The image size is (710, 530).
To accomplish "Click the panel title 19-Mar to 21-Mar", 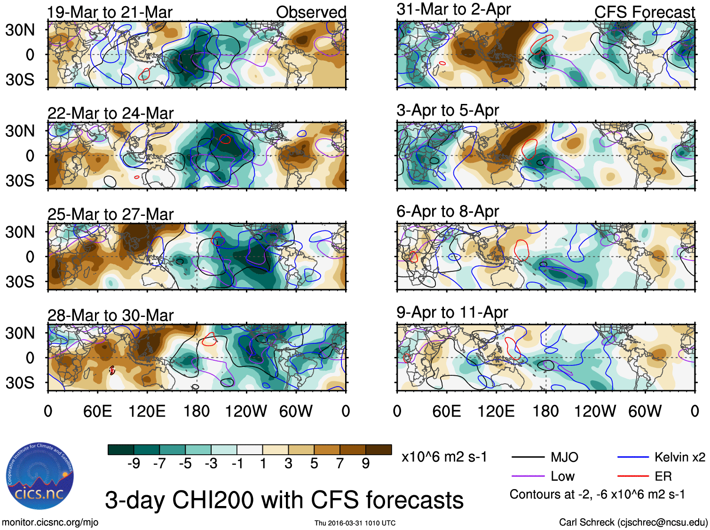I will [110, 12].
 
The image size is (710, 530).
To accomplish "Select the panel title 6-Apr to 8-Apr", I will [447, 212].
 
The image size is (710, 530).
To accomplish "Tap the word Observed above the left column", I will [311, 12].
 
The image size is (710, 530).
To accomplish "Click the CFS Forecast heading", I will [644, 12].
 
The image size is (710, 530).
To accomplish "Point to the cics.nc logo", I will [40, 476].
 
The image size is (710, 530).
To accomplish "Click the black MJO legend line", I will [528, 457].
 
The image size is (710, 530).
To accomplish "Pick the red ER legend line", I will [633, 476].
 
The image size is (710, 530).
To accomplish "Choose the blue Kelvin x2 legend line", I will [633, 457].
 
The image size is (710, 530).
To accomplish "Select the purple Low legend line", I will [528, 476].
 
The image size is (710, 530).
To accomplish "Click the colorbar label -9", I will [134, 464].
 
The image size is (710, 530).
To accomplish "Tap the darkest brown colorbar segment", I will [379, 450].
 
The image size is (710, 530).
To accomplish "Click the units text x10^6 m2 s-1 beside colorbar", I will [444, 457].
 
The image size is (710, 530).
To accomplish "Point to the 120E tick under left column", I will [147, 411].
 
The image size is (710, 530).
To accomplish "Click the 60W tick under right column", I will [645, 411].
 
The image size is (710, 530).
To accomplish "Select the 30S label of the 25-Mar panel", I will [20, 282].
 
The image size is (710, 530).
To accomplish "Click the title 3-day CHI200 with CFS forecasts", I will [284, 500].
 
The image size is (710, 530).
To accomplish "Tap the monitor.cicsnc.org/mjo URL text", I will [50, 522].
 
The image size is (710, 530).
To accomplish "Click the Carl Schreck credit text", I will [633, 522].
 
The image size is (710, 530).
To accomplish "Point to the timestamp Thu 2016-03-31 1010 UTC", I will [355, 523].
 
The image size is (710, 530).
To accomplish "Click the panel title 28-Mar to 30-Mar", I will [110, 315].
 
